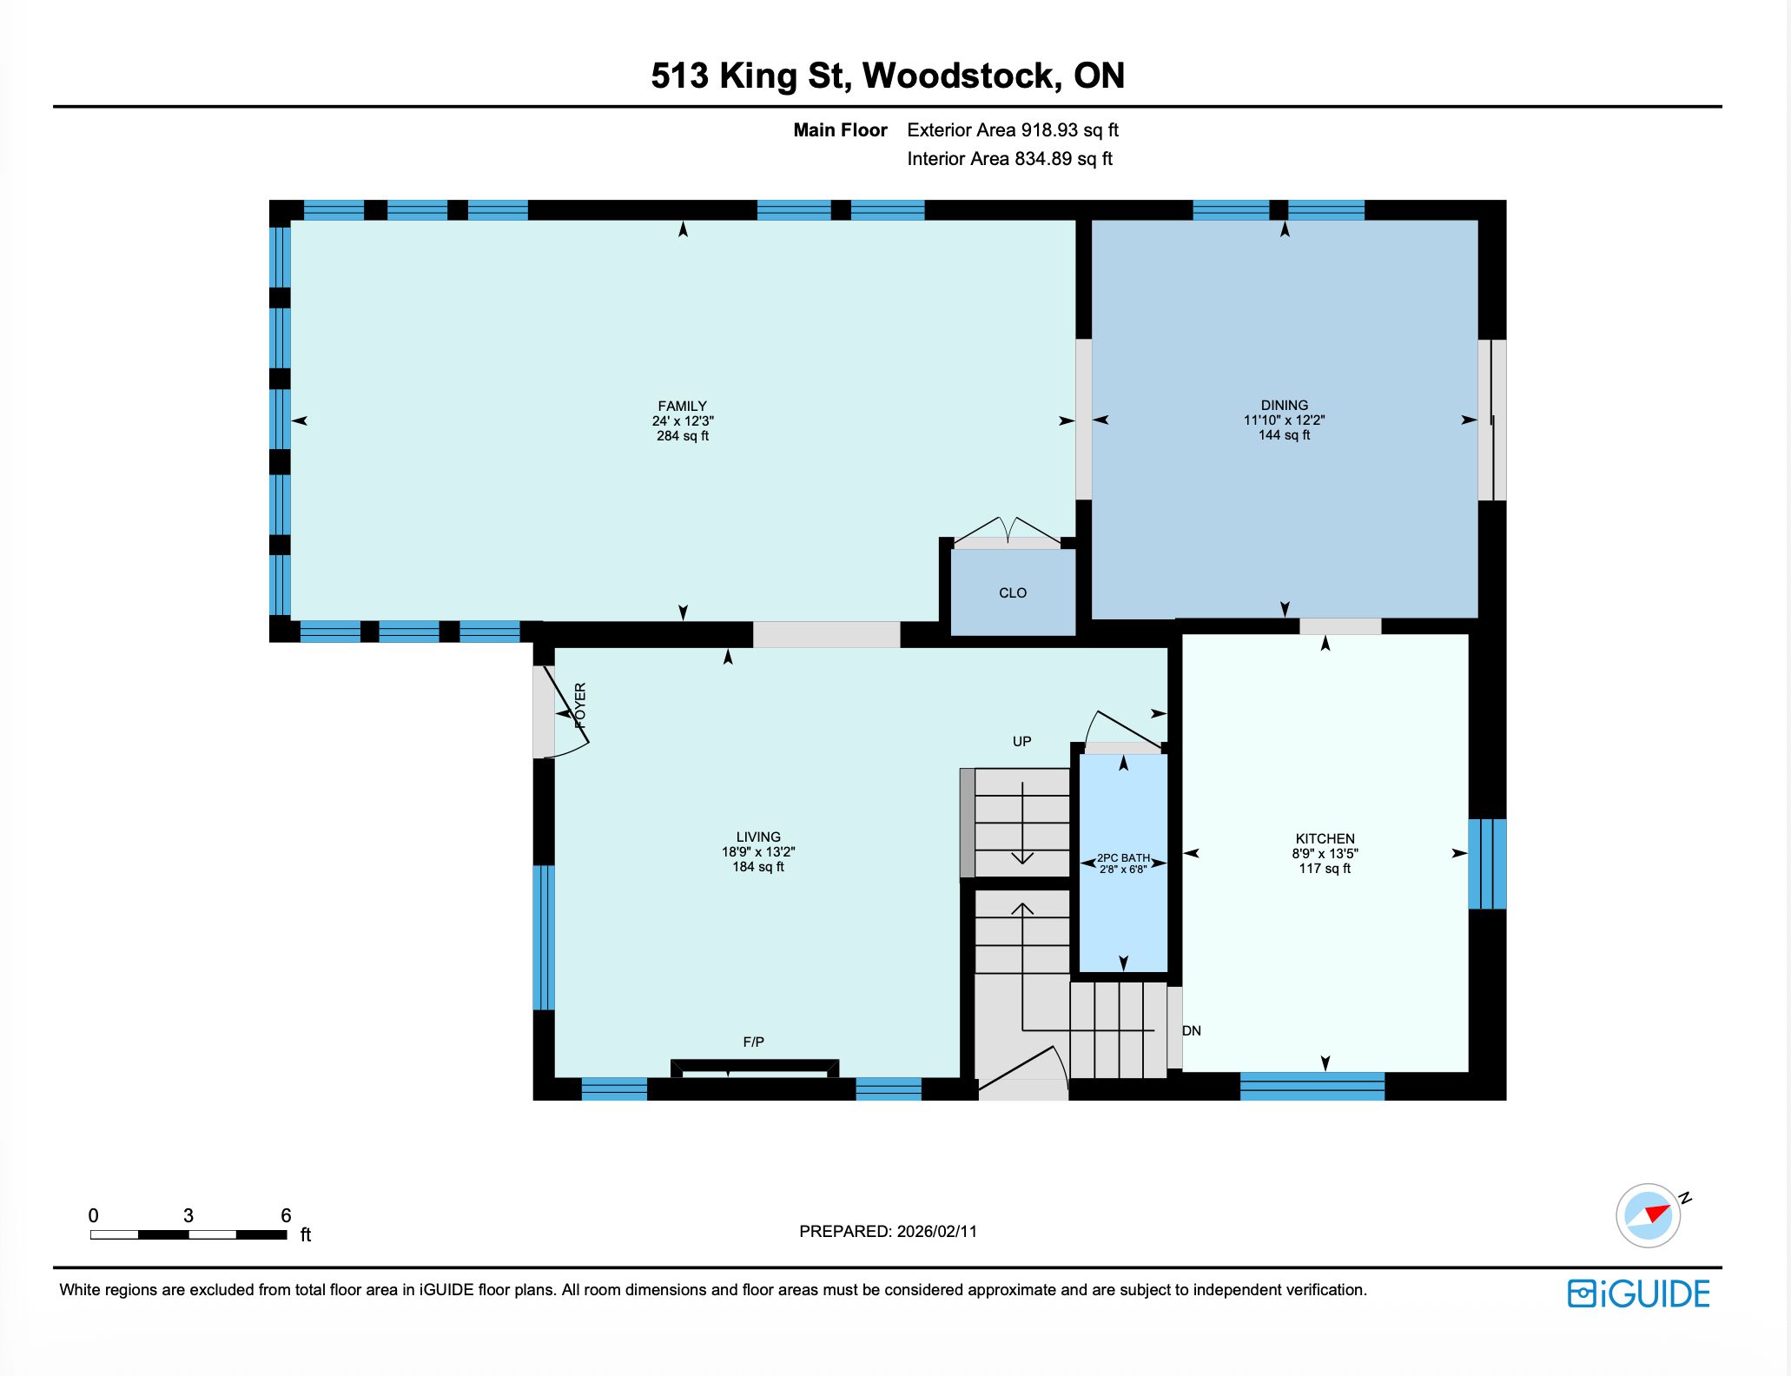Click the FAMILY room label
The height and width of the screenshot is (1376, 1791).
[x=683, y=406]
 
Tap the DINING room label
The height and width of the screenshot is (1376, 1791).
[x=1285, y=405]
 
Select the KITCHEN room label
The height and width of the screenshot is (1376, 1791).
[x=1325, y=838]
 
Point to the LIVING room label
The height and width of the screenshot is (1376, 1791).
[x=758, y=837]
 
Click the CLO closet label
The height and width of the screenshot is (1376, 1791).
[x=1013, y=592]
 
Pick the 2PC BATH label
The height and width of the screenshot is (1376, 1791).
[x=1123, y=857]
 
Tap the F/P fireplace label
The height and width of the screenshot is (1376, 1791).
[x=754, y=1042]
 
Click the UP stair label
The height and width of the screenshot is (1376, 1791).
[x=1022, y=741]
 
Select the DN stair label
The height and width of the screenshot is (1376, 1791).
[x=1192, y=1030]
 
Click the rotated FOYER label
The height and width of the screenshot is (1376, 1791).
[x=580, y=705]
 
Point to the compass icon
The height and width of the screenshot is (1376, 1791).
[x=1649, y=1215]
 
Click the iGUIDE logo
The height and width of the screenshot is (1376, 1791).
[x=1639, y=1293]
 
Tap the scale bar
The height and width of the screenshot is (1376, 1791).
[x=188, y=1234]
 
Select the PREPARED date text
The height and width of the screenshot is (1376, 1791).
[x=888, y=1231]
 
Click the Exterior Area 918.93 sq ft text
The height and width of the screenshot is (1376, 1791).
[x=1013, y=130]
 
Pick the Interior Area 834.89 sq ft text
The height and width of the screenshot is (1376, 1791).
[x=1009, y=159]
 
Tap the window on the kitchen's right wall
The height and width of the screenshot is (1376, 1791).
[x=1487, y=863]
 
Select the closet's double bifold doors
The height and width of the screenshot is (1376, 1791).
[x=1007, y=531]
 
